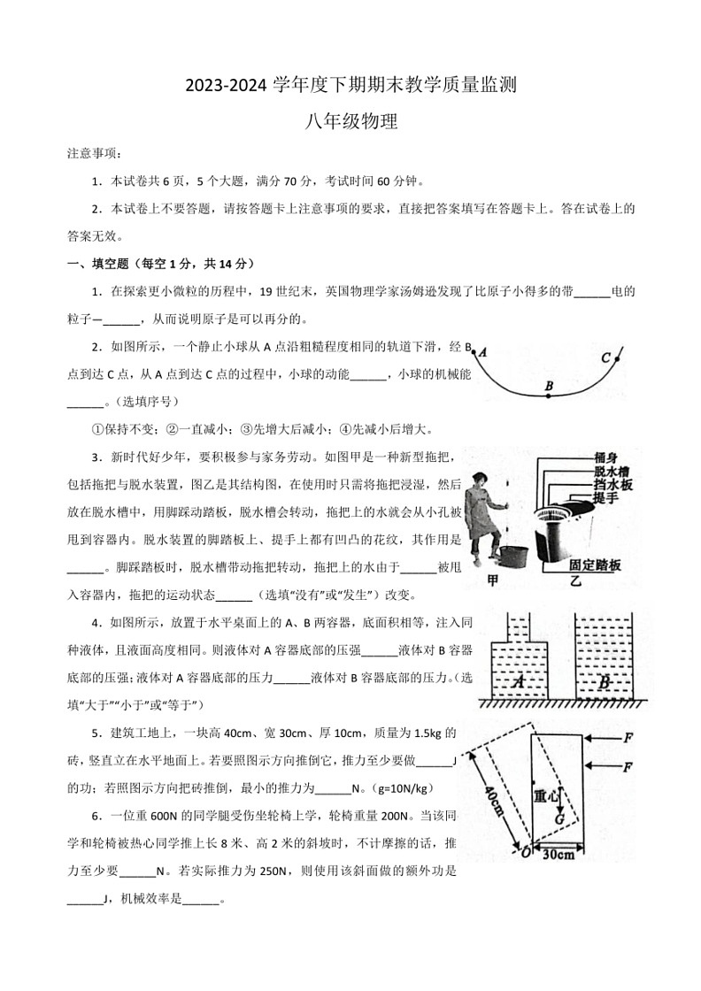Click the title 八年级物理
(x=350, y=122)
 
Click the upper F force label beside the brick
(x=628, y=736)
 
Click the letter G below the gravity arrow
(x=560, y=818)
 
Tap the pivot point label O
(x=525, y=853)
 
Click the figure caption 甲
(x=493, y=581)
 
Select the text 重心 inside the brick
(x=546, y=795)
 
